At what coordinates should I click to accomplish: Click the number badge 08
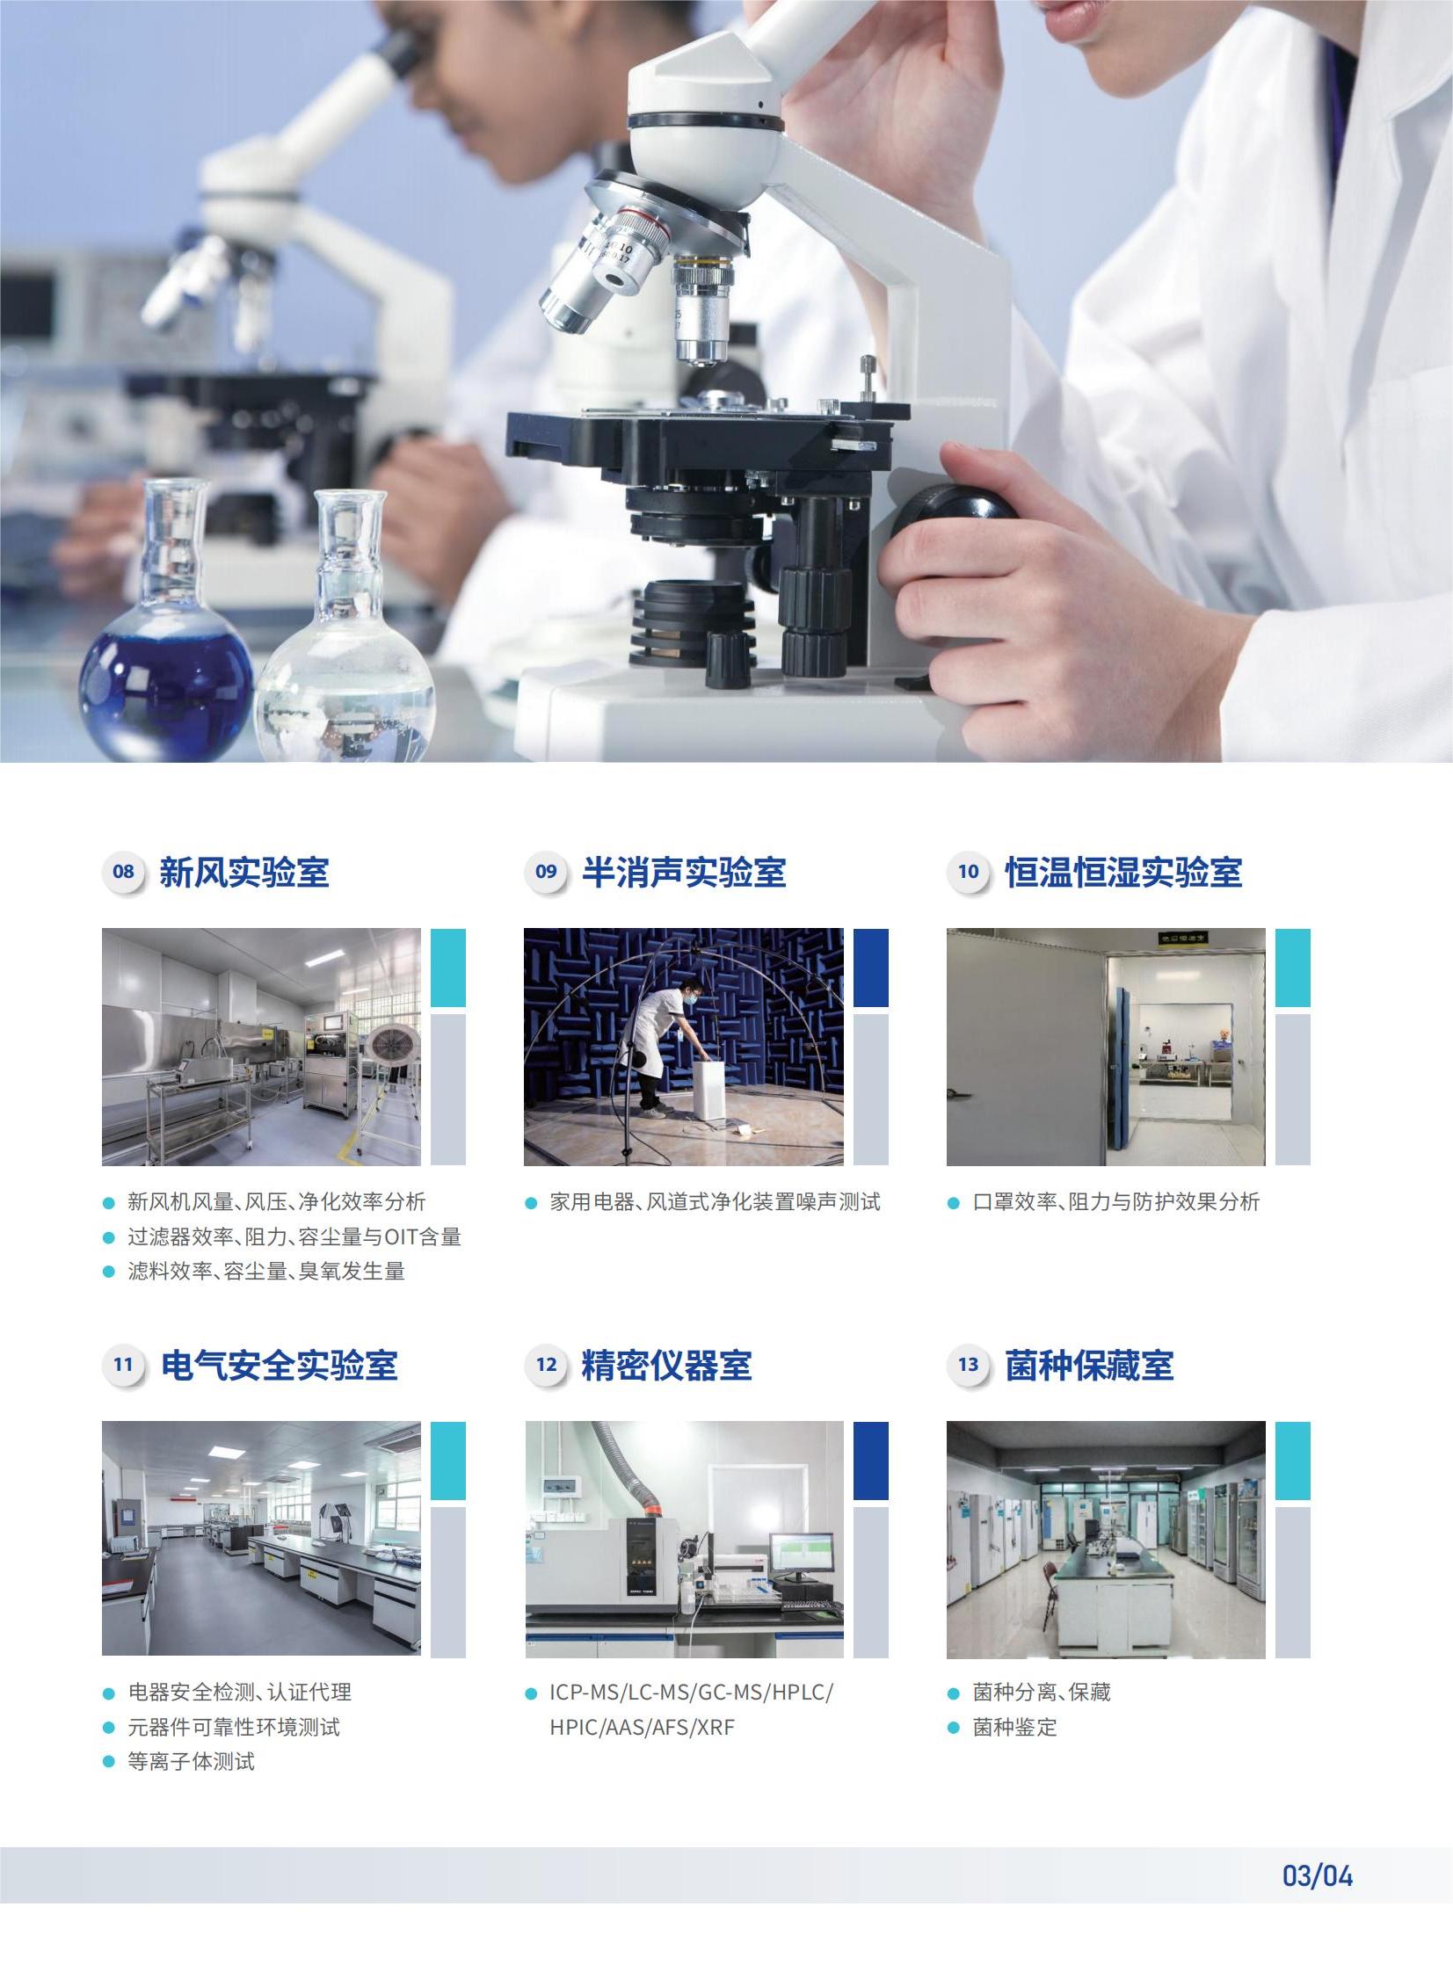point(123,871)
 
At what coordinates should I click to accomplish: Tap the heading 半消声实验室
point(683,872)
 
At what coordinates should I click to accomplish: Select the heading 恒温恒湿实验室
point(1123,872)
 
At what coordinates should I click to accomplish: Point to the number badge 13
point(969,1365)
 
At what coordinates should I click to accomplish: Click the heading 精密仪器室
point(665,1366)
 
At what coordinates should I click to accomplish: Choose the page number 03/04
point(1317,1875)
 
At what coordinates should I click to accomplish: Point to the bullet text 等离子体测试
point(191,1761)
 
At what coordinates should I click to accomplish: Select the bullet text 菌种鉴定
point(1014,1727)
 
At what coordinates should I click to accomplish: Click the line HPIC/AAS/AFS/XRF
point(641,1727)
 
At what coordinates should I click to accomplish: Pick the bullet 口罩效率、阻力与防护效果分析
point(1115,1202)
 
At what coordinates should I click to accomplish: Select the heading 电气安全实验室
point(279,1366)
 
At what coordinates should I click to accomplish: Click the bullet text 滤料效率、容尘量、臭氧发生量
point(265,1272)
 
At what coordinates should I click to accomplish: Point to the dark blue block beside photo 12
point(870,1461)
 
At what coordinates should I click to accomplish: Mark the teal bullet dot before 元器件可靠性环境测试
point(109,1728)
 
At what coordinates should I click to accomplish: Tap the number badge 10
point(969,871)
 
